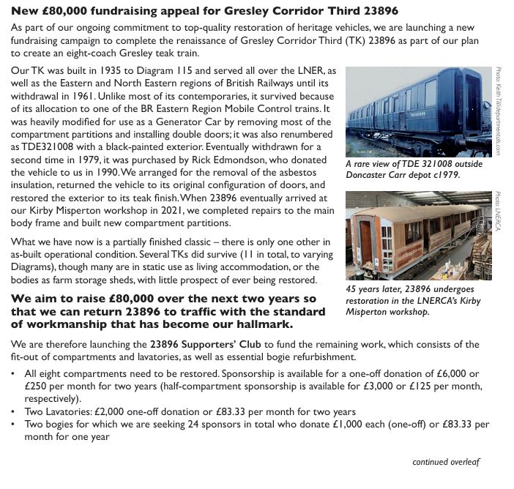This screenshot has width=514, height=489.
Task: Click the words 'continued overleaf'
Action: pos(446,462)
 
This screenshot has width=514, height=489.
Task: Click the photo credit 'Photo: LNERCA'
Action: pos(498,212)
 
